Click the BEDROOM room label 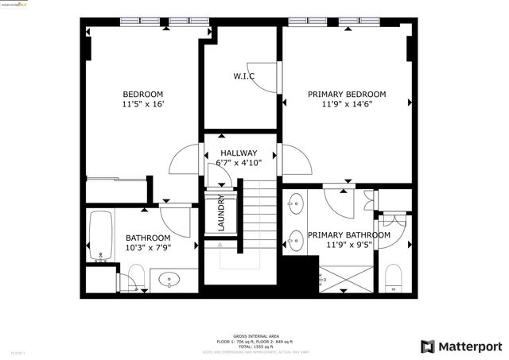(143, 93)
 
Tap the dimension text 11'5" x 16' (143, 104)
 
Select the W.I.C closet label (243, 76)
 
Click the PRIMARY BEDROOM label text (348, 93)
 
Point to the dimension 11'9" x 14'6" (348, 104)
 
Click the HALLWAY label (239, 153)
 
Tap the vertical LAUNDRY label (221, 212)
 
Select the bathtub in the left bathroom (100, 236)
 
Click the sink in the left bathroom (171, 279)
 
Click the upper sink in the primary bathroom (296, 205)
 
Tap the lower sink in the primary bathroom (296, 238)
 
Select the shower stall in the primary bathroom (345, 279)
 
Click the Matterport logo (461, 346)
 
